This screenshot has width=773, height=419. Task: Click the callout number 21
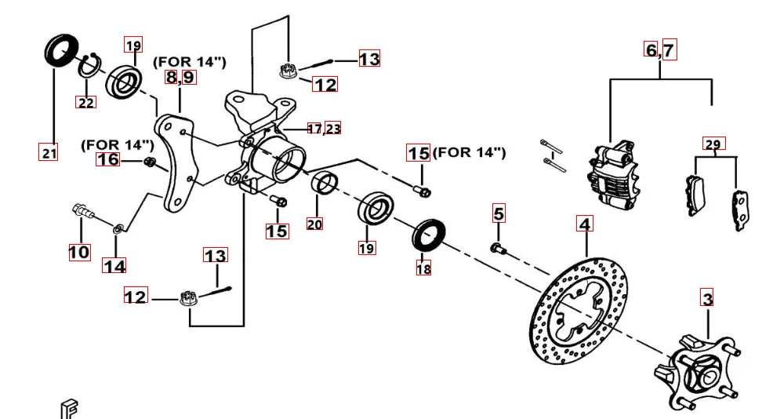(49, 153)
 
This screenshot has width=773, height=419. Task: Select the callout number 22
(85, 102)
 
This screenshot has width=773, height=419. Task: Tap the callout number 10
(79, 252)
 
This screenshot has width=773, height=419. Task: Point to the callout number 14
(114, 266)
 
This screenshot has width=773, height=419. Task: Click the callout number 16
(108, 160)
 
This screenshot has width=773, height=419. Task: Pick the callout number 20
(314, 224)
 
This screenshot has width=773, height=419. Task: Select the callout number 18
(423, 268)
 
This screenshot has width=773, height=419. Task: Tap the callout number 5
(499, 213)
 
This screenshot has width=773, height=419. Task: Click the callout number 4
(584, 223)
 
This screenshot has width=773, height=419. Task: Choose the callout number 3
(707, 298)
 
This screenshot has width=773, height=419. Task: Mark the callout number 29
(713, 144)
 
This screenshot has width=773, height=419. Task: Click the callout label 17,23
(324, 129)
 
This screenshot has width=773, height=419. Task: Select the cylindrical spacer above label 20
(325, 183)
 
